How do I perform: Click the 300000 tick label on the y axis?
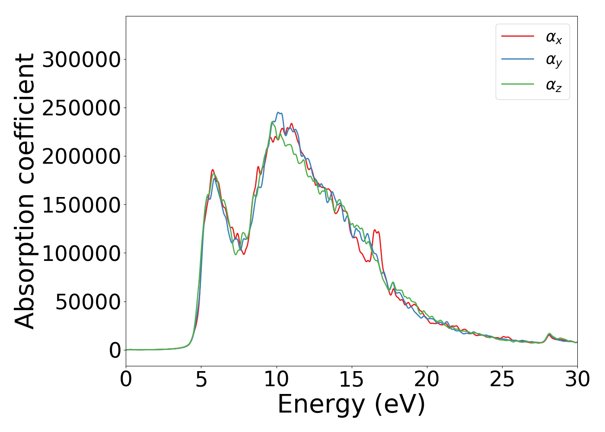click(x=81, y=60)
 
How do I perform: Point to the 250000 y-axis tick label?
click(x=81, y=108)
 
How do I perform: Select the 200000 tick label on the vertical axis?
click(x=81, y=156)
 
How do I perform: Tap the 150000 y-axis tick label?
click(x=81, y=205)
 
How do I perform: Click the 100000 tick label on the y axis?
click(x=81, y=253)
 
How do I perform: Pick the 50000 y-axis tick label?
click(x=88, y=302)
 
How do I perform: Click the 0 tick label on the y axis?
click(x=115, y=350)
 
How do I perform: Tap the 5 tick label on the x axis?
click(x=201, y=380)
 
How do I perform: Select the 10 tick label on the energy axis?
click(x=277, y=380)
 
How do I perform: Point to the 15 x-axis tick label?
click(x=352, y=380)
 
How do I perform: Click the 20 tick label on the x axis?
click(x=427, y=380)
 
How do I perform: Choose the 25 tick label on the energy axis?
click(x=502, y=380)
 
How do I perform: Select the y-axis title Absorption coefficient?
click(x=25, y=191)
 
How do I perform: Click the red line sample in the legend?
click(x=518, y=36)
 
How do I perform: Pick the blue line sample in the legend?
click(x=518, y=60)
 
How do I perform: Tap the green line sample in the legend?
click(x=518, y=84)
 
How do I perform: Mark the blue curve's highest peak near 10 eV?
click(x=279, y=112)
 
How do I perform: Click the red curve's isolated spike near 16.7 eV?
click(x=375, y=230)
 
